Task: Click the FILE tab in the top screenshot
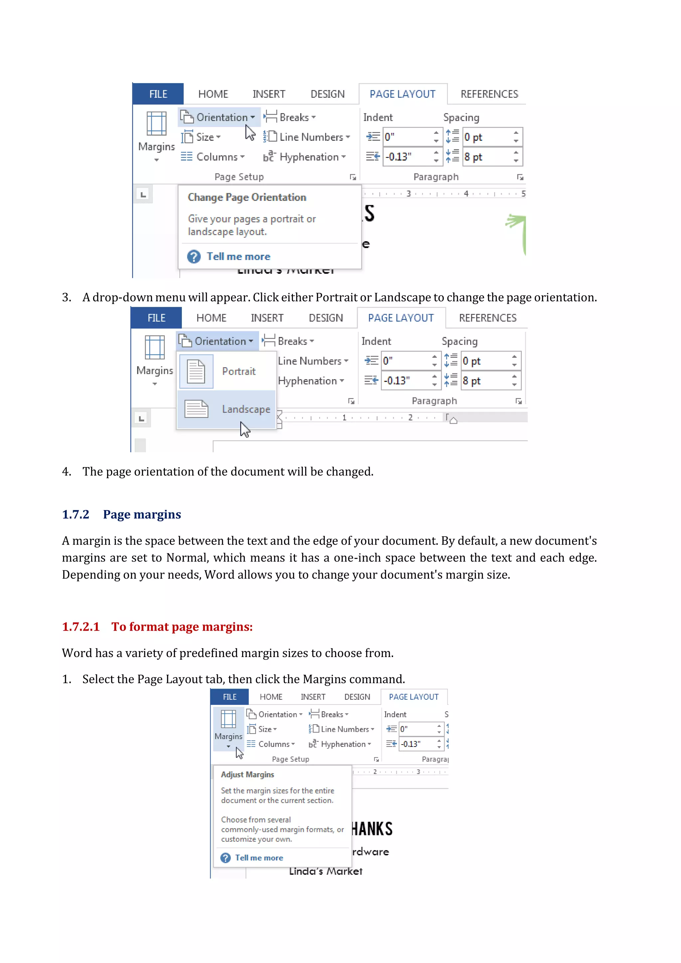(158, 94)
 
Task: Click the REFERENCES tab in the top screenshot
(489, 94)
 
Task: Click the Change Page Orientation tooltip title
(247, 197)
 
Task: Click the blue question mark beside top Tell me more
(194, 256)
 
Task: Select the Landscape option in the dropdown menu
(246, 409)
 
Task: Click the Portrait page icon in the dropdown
(196, 371)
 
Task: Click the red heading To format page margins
(182, 626)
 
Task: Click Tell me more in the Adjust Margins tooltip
(259, 858)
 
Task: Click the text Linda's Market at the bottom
(326, 871)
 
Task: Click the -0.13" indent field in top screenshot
(407, 157)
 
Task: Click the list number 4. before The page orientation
(67, 472)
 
